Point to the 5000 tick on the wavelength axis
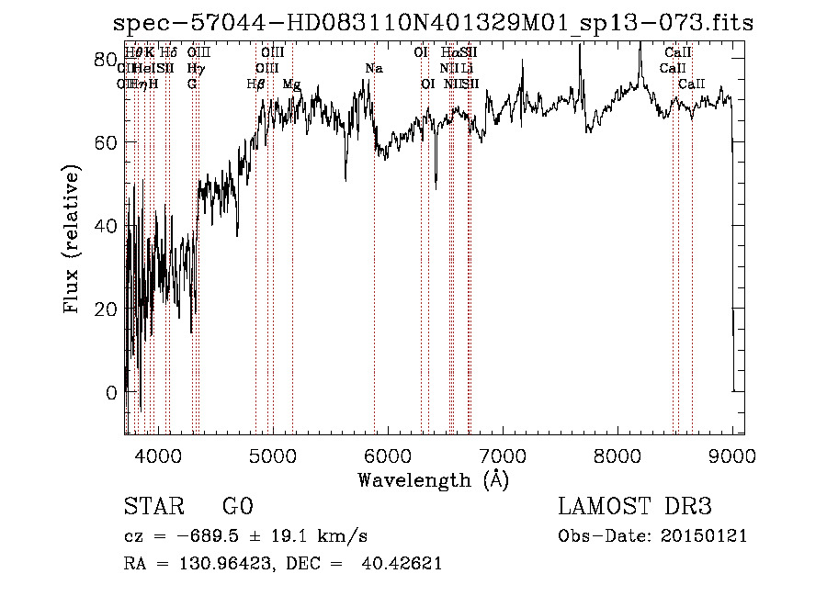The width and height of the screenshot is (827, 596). click(273, 455)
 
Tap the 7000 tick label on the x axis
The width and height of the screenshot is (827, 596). click(503, 455)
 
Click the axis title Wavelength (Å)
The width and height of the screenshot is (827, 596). click(433, 479)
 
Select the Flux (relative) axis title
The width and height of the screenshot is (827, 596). click(71, 240)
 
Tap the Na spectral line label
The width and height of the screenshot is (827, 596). click(373, 69)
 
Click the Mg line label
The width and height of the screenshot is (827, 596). click(291, 84)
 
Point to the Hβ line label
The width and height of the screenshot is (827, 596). click(256, 84)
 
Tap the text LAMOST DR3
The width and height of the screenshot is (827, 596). click(635, 507)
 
